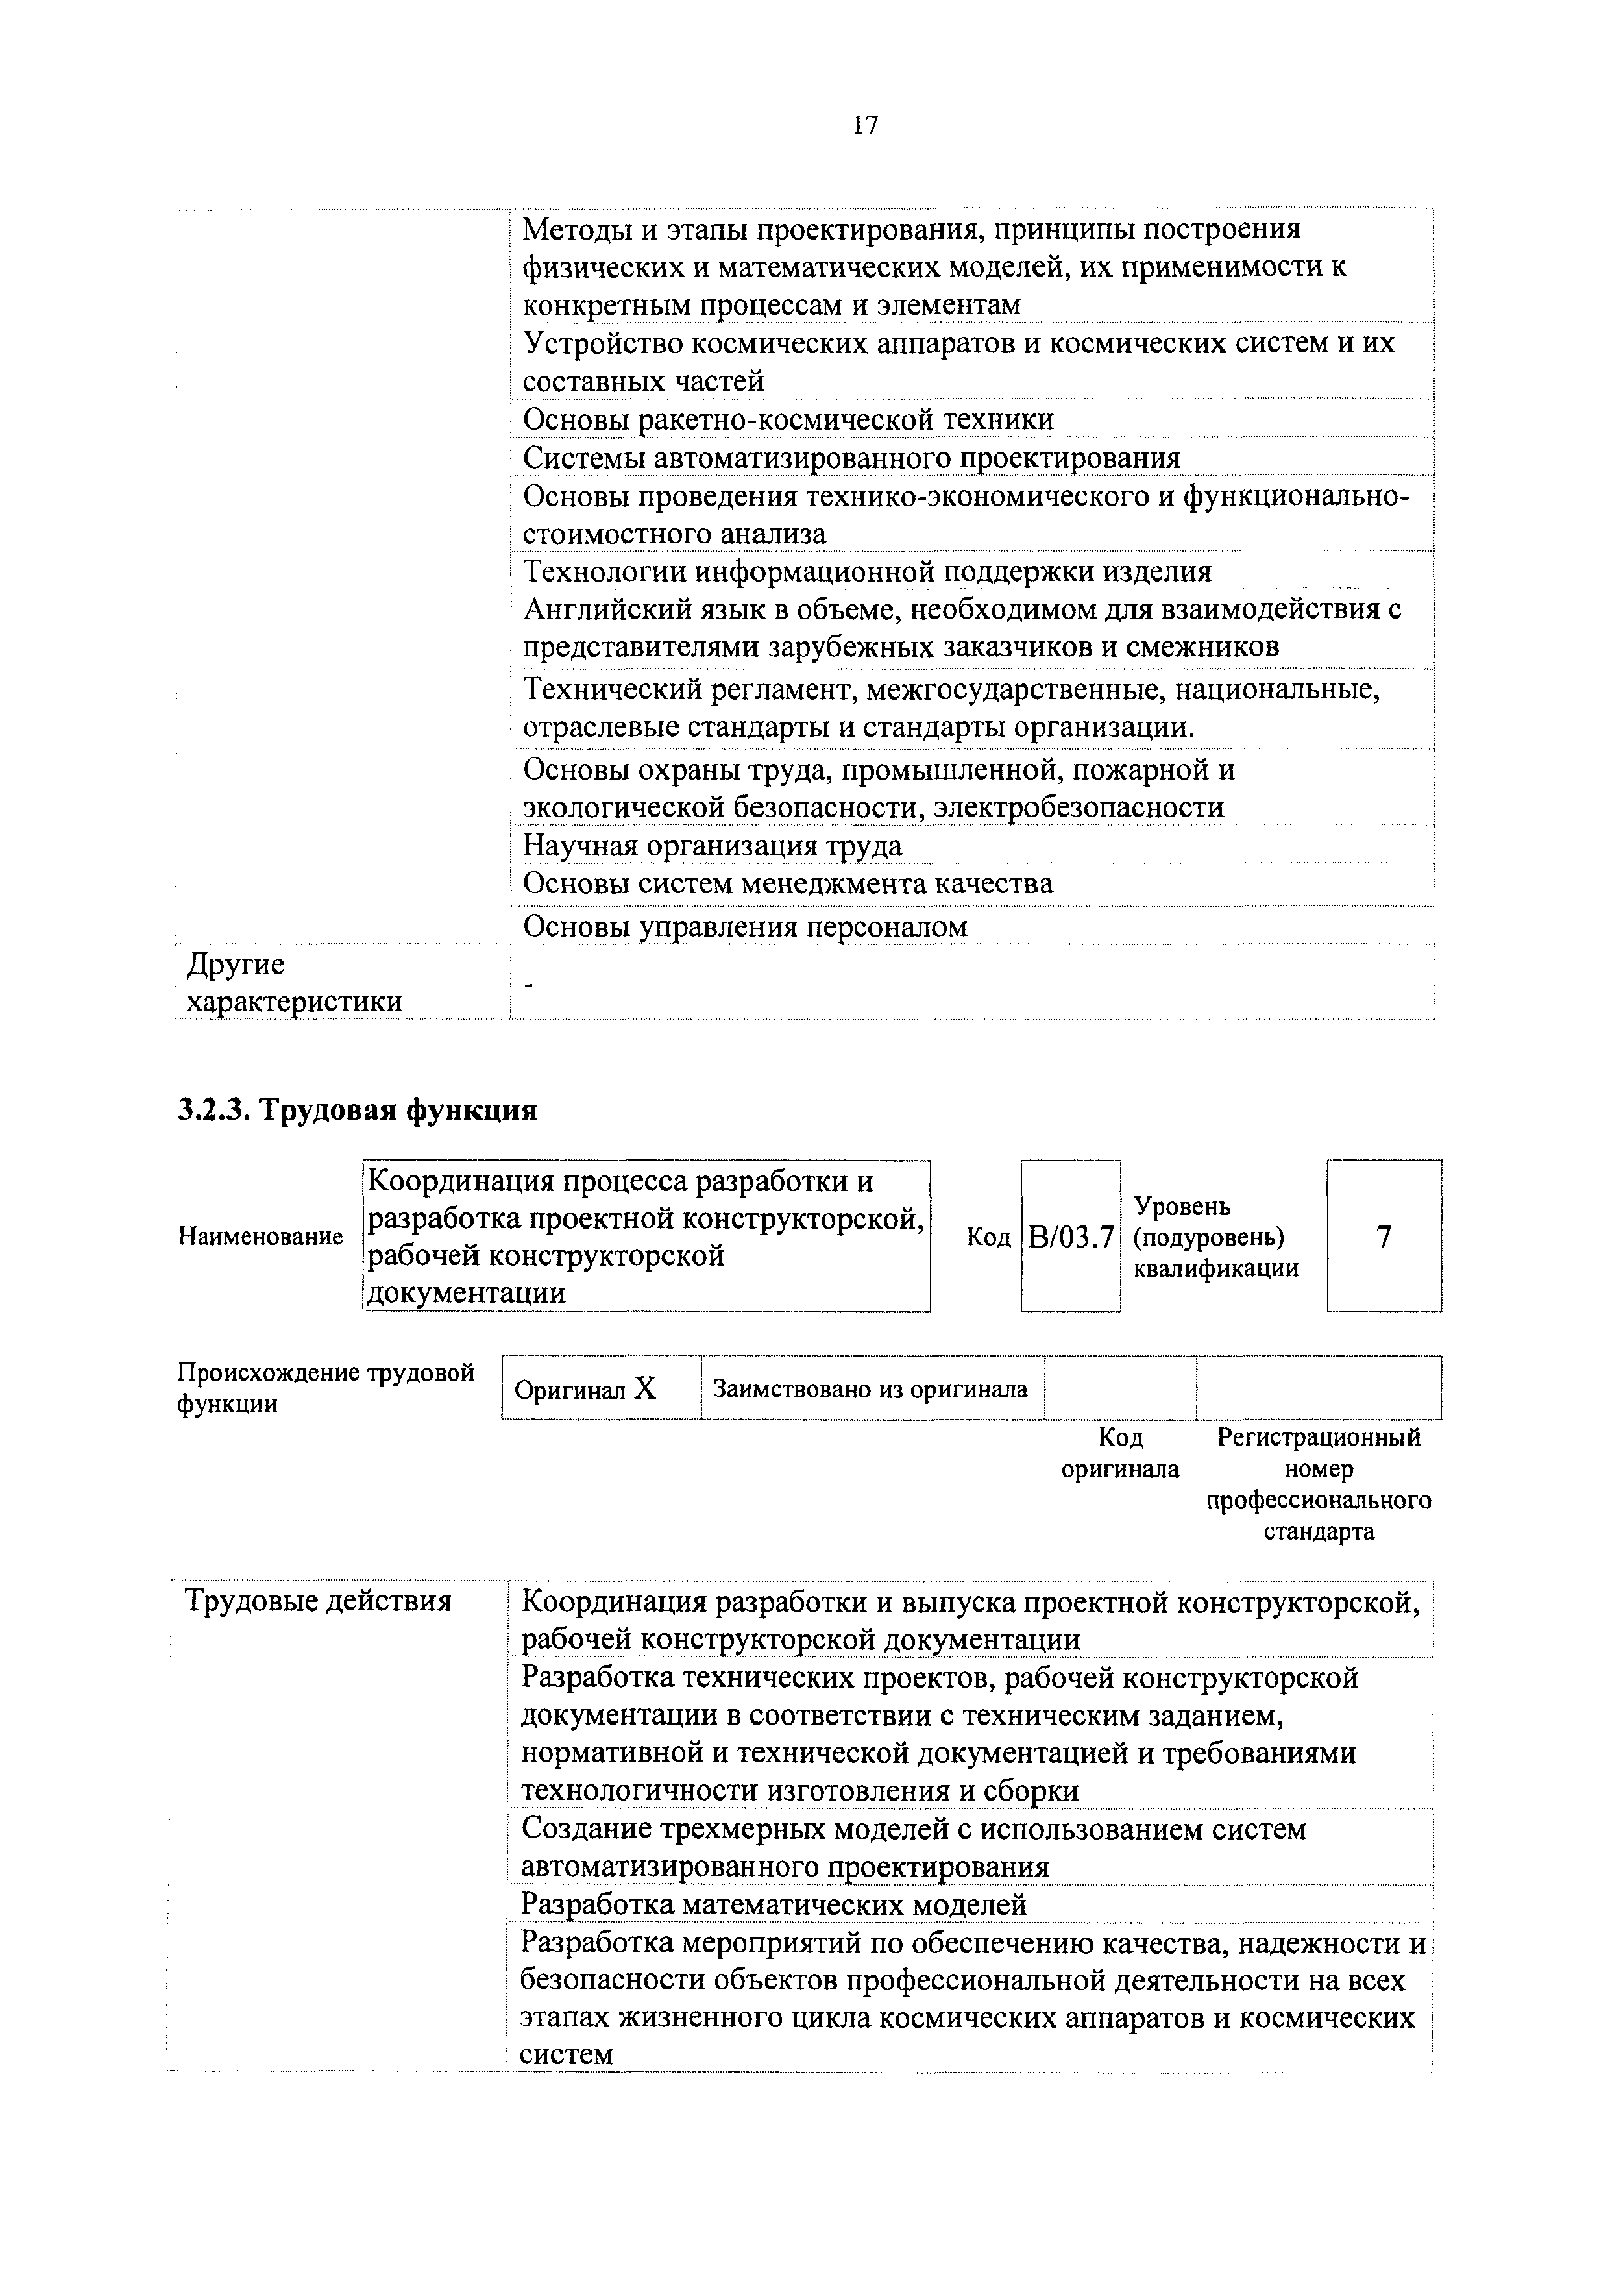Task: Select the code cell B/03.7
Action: click(1071, 1237)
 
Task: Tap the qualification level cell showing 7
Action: click(1384, 1237)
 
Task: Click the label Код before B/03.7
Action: click(988, 1237)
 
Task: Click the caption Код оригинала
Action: click(1120, 1453)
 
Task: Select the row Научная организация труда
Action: click(713, 846)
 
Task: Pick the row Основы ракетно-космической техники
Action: click(788, 419)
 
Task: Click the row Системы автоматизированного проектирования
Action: click(851, 458)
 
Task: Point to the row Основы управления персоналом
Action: click(744, 926)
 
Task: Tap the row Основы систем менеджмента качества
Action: click(788, 883)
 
